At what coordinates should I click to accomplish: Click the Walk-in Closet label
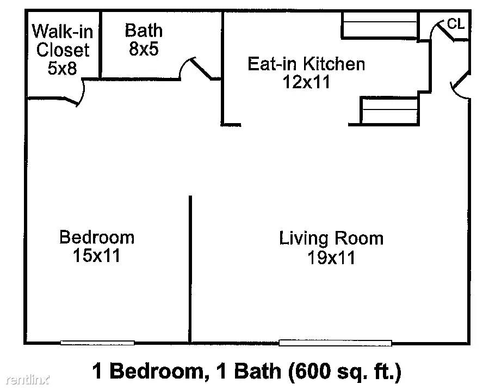[x=63, y=41]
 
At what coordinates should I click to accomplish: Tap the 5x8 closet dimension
[x=62, y=68]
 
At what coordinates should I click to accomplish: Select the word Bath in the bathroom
[x=144, y=31]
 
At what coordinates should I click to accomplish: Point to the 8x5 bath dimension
[x=144, y=48]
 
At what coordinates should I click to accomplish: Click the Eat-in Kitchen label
[x=306, y=64]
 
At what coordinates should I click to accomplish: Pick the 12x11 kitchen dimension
[x=306, y=82]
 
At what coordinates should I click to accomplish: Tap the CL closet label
[x=456, y=24]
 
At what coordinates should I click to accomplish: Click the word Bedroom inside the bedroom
[x=97, y=237]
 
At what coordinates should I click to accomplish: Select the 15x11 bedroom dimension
[x=96, y=255]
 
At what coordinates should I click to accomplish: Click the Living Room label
[x=331, y=239]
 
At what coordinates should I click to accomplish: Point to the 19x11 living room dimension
[x=331, y=258]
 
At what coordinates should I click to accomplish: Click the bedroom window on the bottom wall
[x=97, y=343]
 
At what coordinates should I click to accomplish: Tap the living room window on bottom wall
[x=335, y=343]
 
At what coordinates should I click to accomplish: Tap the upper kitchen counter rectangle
[x=380, y=25]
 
